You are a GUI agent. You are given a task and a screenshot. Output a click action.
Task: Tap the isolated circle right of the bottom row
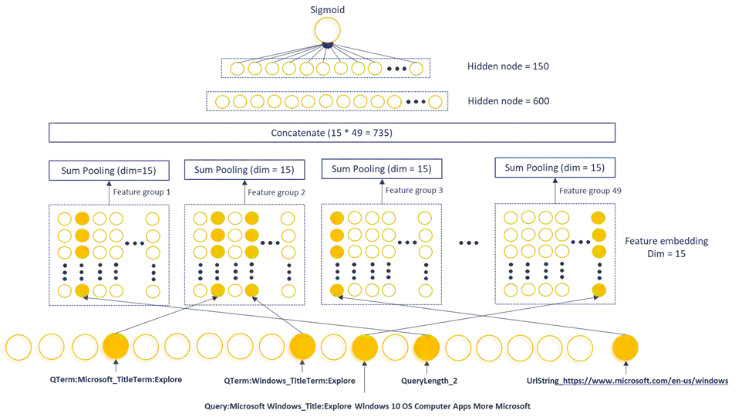tap(622, 349)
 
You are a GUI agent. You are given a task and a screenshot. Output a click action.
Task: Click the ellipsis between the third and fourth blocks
tap(468, 244)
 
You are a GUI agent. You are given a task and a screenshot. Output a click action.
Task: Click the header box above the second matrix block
tap(244, 168)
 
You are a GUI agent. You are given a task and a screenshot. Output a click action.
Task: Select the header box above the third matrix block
tap(382, 167)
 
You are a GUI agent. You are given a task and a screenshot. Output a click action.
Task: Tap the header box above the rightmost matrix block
tap(555, 167)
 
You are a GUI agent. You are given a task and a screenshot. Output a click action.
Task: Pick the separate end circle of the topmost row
tap(416, 69)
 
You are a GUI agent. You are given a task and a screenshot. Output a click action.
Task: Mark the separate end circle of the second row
tap(435, 101)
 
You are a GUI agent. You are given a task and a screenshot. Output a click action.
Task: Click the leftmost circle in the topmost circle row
tap(237, 69)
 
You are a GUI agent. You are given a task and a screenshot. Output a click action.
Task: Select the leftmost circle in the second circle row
tap(221, 101)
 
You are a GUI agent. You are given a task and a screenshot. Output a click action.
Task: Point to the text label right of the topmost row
tap(506, 68)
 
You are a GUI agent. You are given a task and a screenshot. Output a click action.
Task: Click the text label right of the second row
tap(506, 100)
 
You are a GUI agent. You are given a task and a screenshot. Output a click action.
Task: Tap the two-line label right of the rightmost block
tap(665, 247)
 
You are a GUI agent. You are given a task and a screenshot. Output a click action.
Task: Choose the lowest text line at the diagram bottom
tap(367, 406)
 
